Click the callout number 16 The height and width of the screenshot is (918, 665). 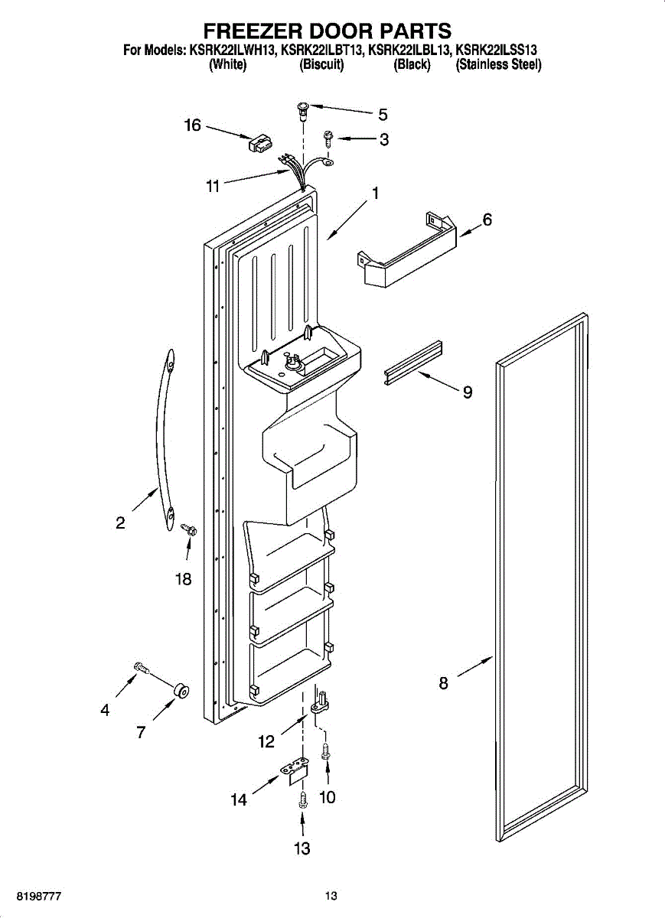tap(192, 125)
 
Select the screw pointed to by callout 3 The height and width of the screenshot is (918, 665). tap(328, 138)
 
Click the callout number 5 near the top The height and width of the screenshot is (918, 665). tap(383, 116)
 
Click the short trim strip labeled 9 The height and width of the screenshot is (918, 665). tap(413, 360)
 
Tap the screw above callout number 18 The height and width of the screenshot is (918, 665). tap(188, 529)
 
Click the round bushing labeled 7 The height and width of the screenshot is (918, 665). tap(182, 692)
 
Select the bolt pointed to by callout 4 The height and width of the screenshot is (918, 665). tap(141, 669)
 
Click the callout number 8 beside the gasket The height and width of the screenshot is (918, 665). tap(444, 684)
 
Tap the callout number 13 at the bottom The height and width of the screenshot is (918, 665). tap(302, 848)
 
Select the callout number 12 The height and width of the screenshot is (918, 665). tap(266, 741)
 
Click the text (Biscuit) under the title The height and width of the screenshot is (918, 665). tap(321, 65)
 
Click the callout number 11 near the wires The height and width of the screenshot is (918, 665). tap(213, 186)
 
